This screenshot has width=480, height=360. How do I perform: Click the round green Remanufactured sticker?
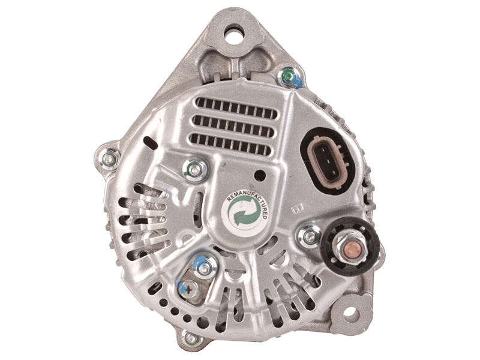point(245,212)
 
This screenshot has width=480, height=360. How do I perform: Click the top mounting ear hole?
point(235,34)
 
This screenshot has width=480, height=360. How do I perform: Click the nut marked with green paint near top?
point(288,77)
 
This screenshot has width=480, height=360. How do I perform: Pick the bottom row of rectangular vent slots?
point(230,143)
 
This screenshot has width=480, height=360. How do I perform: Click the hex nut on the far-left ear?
point(109,159)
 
